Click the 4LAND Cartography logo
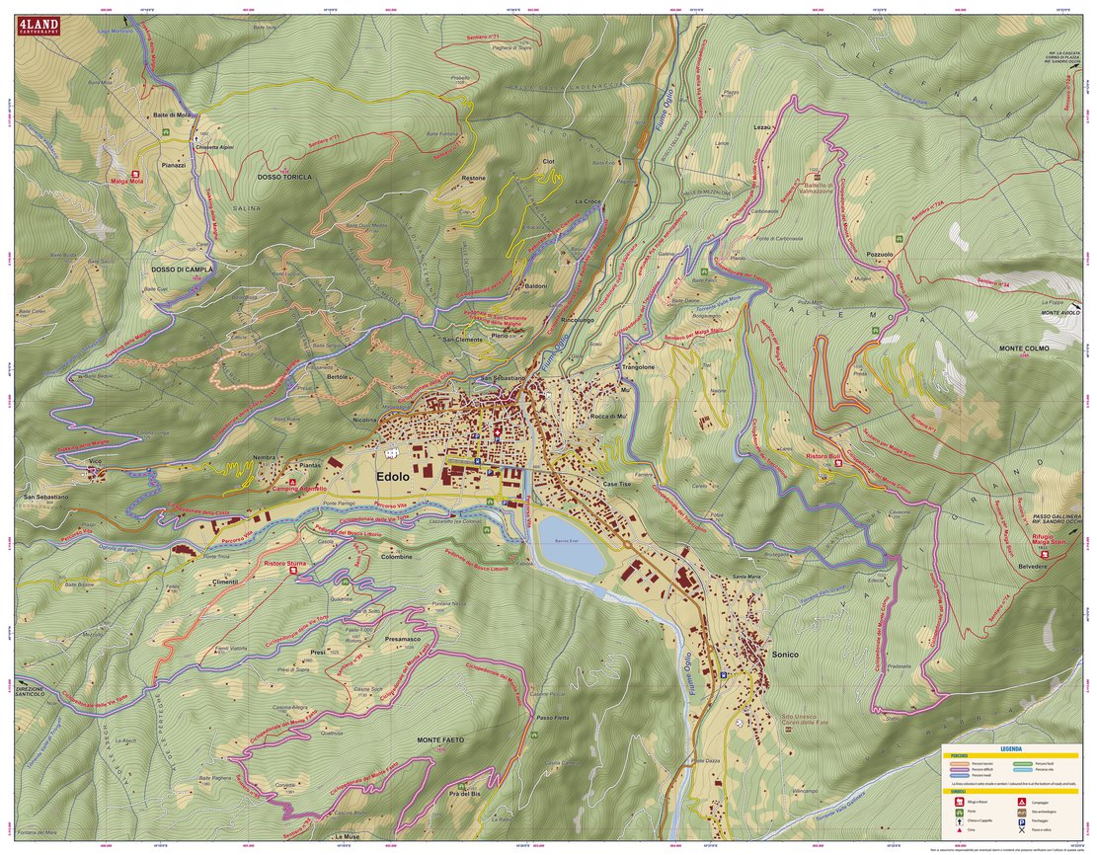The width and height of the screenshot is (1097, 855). pyautogui.click(x=36, y=27)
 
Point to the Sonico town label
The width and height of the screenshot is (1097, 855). pyautogui.click(x=785, y=655)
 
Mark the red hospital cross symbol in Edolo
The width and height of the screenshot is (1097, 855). pyautogui.click(x=497, y=431)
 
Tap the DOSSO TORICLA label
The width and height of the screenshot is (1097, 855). pyautogui.click(x=284, y=178)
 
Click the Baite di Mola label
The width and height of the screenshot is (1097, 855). pyautogui.click(x=171, y=115)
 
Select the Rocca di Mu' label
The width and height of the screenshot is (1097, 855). pyautogui.click(x=609, y=418)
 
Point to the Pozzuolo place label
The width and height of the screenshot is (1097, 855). pyautogui.click(x=880, y=254)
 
